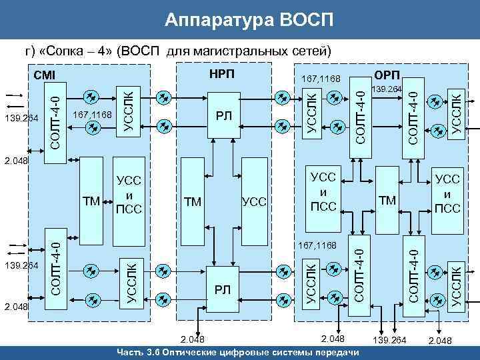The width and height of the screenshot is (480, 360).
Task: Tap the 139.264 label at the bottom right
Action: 390,341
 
